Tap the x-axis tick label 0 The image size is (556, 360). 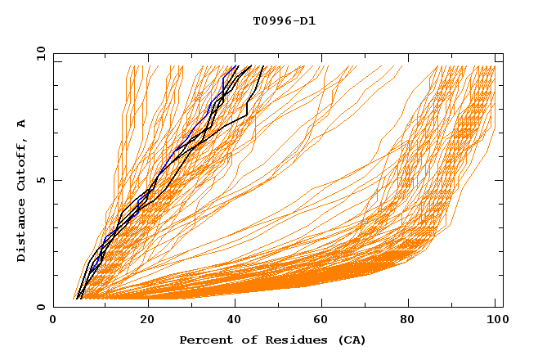[53, 321]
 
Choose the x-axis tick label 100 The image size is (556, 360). [495, 321]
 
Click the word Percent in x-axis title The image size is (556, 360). [204, 340]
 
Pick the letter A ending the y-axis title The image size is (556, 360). [22, 124]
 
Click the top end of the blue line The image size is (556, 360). [236, 65]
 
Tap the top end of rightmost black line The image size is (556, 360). [262, 65]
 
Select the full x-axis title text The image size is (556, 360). [272, 340]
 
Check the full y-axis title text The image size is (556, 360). [22, 191]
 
